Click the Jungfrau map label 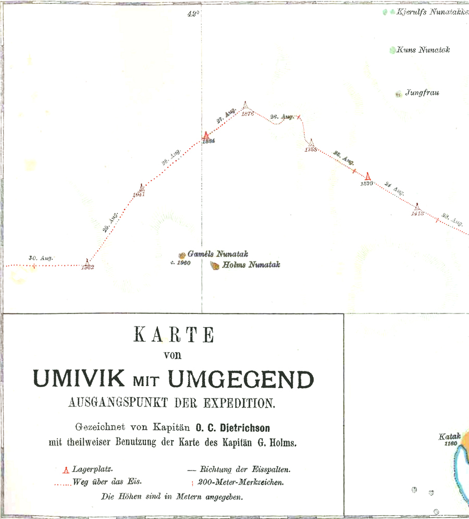422,93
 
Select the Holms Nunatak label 251,265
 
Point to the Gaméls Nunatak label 217,254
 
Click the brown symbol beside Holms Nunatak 214,266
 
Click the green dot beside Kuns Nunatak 392,51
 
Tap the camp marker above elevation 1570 368,176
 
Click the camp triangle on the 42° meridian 206,136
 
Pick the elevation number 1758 311,150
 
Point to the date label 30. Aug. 38,258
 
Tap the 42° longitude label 193,14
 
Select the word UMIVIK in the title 80,379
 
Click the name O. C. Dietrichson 232,428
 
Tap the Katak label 450,437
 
